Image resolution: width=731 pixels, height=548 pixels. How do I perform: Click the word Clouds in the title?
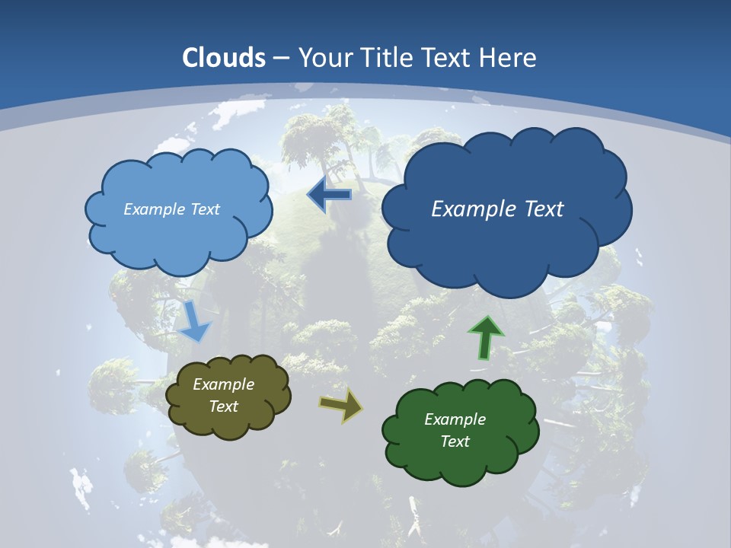(224, 58)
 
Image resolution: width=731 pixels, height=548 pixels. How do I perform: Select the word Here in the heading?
(510, 58)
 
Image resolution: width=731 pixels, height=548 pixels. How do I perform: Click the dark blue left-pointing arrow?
(330, 195)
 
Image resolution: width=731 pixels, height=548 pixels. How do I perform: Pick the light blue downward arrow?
(195, 321)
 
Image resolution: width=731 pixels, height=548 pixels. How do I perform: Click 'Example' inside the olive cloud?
(223, 384)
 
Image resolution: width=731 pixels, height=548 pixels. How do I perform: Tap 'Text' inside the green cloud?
(455, 441)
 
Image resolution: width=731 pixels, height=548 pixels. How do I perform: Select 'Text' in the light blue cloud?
(203, 209)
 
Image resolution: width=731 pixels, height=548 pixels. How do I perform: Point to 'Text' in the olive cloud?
(224, 406)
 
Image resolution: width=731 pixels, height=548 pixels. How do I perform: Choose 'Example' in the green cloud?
(455, 419)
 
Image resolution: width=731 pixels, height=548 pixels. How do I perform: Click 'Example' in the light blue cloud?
(153, 209)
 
